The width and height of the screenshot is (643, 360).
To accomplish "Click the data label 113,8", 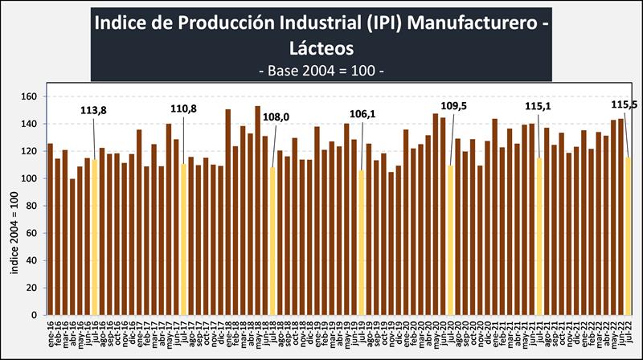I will pyautogui.click(x=96, y=112).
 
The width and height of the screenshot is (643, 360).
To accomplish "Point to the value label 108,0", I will pyautogui.click(x=276, y=117).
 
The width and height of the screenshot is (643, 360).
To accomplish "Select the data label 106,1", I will pyautogui.click(x=364, y=114).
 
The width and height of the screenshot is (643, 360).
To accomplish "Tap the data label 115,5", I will pyautogui.click(x=625, y=104).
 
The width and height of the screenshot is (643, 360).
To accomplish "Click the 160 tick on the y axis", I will pyautogui.click(x=31, y=97).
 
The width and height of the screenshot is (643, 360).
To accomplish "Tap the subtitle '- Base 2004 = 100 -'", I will pyautogui.click(x=321, y=70).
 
